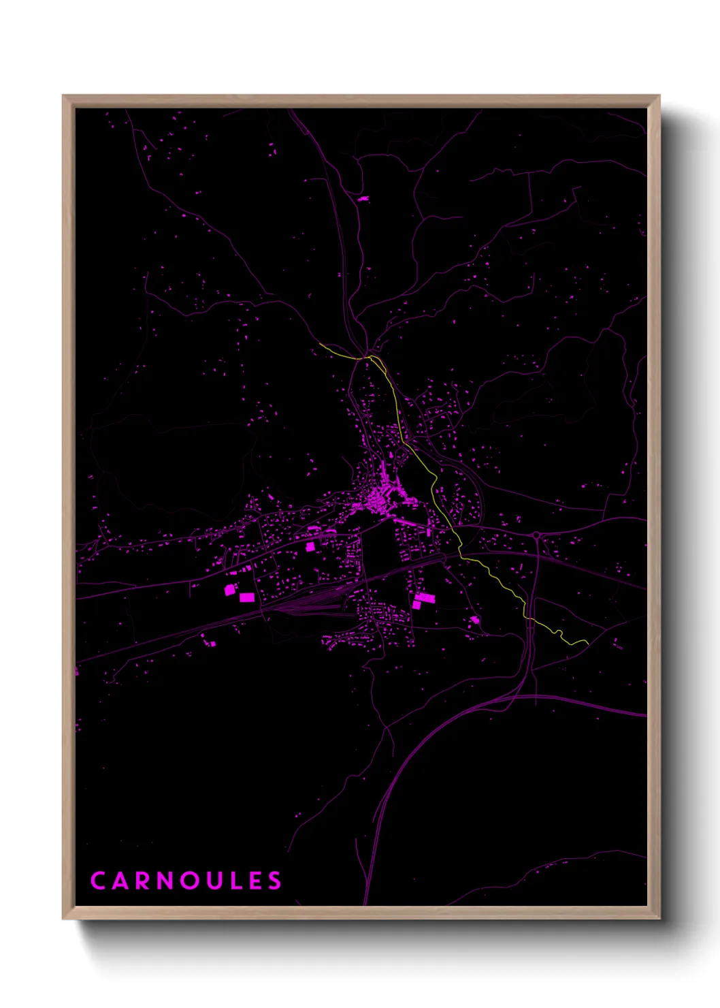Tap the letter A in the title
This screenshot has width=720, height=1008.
tap(120, 881)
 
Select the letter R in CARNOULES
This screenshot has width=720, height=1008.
tap(143, 881)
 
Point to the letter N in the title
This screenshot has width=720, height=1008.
tap(166, 881)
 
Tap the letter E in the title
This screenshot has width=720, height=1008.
tap(256, 881)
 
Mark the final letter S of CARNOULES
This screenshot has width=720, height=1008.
tap(274, 881)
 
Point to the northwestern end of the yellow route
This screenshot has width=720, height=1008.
tap(320, 344)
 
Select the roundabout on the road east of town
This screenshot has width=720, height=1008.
tap(537, 536)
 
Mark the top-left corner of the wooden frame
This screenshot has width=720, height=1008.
tap(63, 96)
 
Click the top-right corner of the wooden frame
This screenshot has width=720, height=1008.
tap(659, 96)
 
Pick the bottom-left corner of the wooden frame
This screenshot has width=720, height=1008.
tap(63, 918)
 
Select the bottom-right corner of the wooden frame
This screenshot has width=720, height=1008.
tap(659, 918)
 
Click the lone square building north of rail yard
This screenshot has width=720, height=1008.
tap(310, 546)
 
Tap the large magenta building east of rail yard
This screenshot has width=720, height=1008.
tap(423, 599)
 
